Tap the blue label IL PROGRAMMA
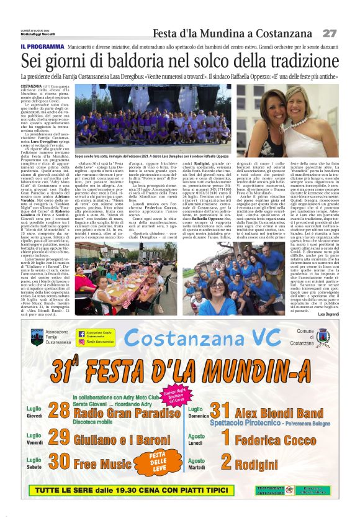tap(40, 46)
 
